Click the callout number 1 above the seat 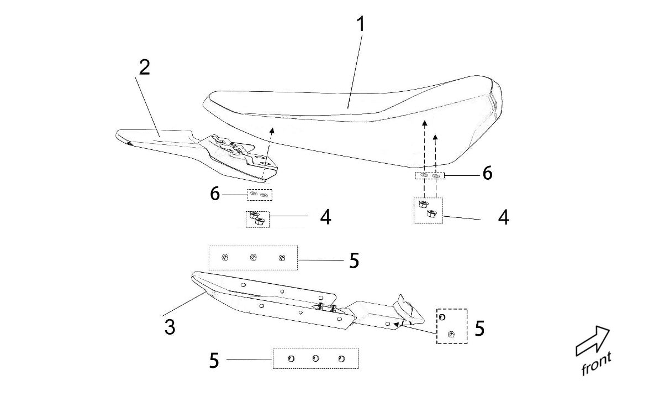(360, 24)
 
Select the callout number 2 (144, 67)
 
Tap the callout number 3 (170, 327)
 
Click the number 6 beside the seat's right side (487, 173)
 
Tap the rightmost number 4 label (503, 217)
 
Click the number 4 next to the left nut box (325, 217)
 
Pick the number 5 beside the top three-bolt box (354, 260)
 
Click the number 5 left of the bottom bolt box (214, 361)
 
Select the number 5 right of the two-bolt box (479, 329)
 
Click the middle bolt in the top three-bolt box (254, 257)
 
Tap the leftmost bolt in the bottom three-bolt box (291, 358)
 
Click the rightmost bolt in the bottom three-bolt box (341, 358)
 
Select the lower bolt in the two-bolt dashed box (452, 334)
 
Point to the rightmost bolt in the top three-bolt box (282, 258)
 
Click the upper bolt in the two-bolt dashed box (442, 316)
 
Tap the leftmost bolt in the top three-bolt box (225, 257)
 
